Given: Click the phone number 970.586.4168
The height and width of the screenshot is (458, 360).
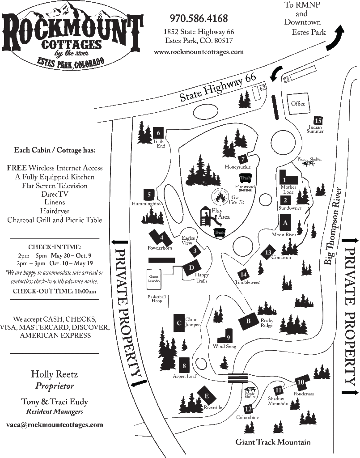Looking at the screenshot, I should (x=199, y=18).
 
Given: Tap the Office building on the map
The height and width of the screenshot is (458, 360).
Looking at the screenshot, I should (x=298, y=103).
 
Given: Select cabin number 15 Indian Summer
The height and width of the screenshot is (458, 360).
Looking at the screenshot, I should (x=318, y=120).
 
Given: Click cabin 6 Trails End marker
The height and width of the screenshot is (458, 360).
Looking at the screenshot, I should (x=158, y=132).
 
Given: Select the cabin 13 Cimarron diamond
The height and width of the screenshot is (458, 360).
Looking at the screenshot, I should (x=268, y=252).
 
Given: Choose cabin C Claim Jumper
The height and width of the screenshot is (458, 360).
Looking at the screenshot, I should (x=178, y=322).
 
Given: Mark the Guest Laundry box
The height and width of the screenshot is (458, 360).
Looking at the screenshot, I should (x=153, y=278).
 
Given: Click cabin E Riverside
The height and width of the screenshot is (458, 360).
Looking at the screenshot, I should (x=206, y=396).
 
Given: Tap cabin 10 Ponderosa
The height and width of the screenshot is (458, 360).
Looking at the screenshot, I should (x=301, y=382).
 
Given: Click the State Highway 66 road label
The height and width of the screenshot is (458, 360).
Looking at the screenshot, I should (x=218, y=88).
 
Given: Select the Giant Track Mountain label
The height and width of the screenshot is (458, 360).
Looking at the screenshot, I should (x=273, y=442).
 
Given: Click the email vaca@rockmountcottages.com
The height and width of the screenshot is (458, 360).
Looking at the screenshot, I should (x=55, y=424).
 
